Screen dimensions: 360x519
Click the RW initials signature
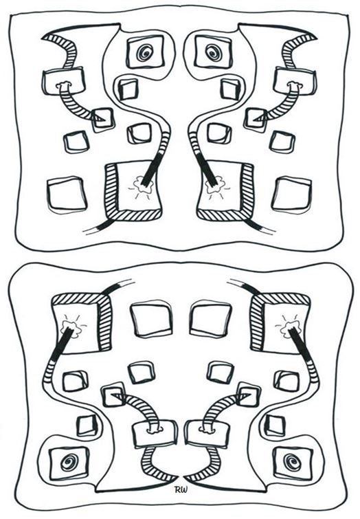point(180,489)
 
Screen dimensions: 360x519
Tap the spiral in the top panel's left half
point(145,53)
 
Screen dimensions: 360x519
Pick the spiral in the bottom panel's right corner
point(291,461)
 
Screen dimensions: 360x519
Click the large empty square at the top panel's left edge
point(67,195)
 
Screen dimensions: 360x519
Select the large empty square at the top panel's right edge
point(291,195)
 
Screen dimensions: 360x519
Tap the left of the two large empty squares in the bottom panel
point(151,319)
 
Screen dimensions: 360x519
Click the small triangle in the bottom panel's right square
point(245,395)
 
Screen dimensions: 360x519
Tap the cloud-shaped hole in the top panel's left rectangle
point(64,85)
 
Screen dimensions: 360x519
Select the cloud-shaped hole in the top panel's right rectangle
point(295,85)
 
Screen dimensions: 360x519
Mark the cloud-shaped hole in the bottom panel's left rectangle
point(153,430)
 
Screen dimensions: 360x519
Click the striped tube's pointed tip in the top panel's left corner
point(42,38)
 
